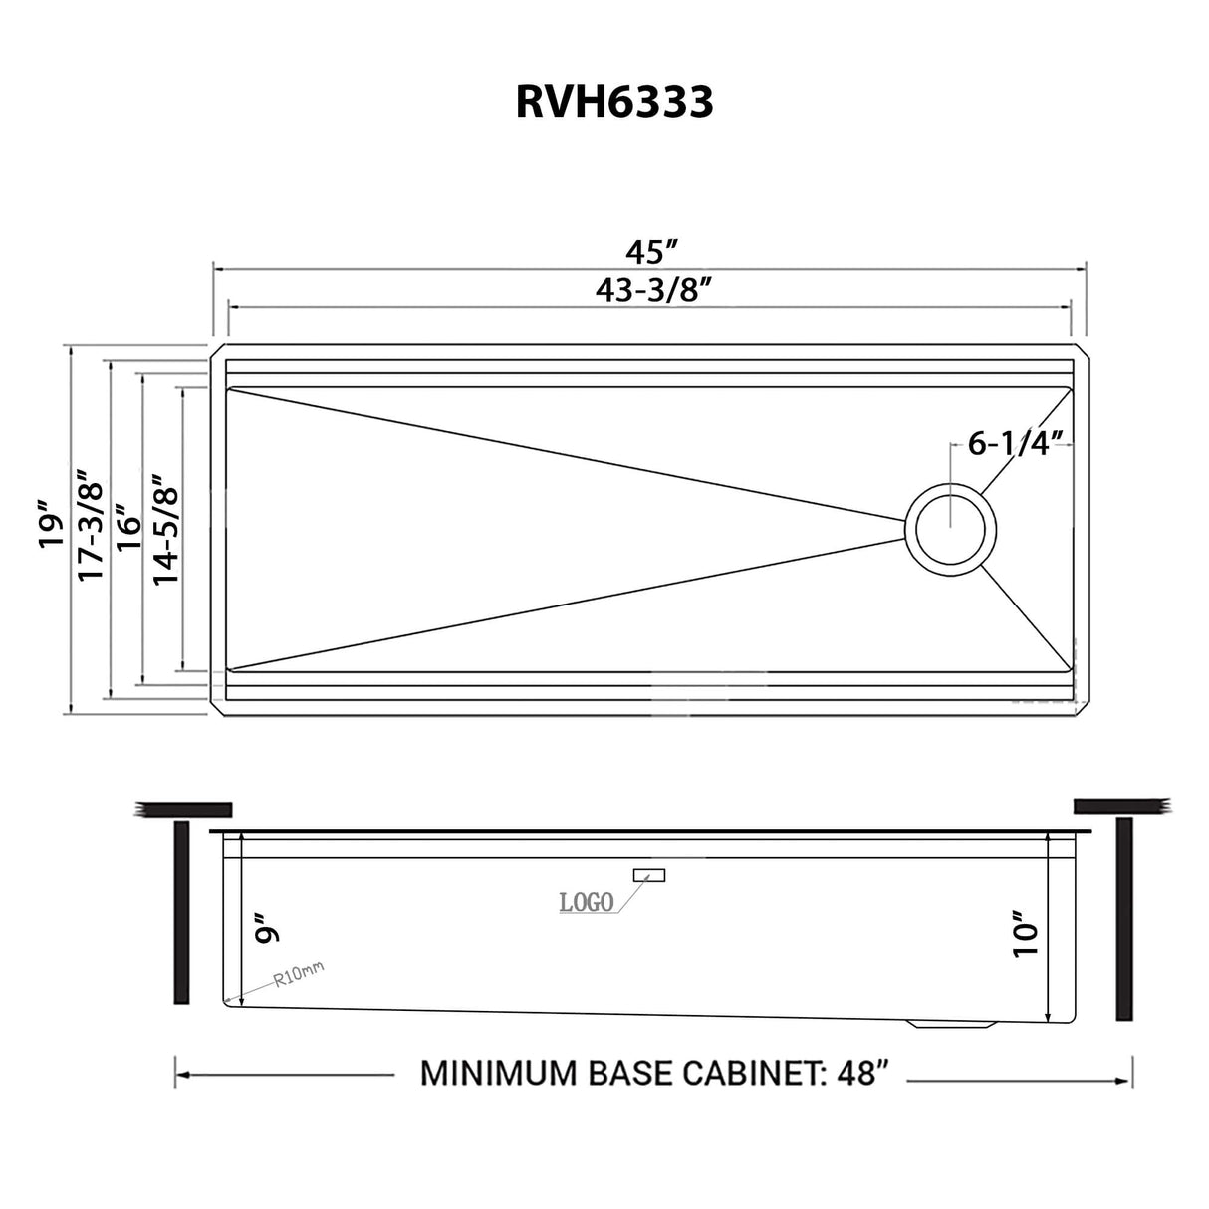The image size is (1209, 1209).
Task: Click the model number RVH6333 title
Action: (613, 101)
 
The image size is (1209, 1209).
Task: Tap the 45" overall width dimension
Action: (652, 250)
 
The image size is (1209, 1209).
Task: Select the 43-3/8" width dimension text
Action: (652, 289)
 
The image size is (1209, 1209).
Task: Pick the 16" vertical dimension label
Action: (127, 525)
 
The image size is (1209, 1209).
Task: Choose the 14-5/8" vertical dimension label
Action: (165, 528)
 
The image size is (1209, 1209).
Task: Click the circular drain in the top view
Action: (950, 529)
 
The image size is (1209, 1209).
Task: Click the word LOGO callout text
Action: (586, 902)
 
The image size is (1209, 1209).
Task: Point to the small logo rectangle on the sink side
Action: (648, 875)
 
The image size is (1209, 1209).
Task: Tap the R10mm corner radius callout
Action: (299, 974)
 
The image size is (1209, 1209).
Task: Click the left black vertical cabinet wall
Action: (181, 911)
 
